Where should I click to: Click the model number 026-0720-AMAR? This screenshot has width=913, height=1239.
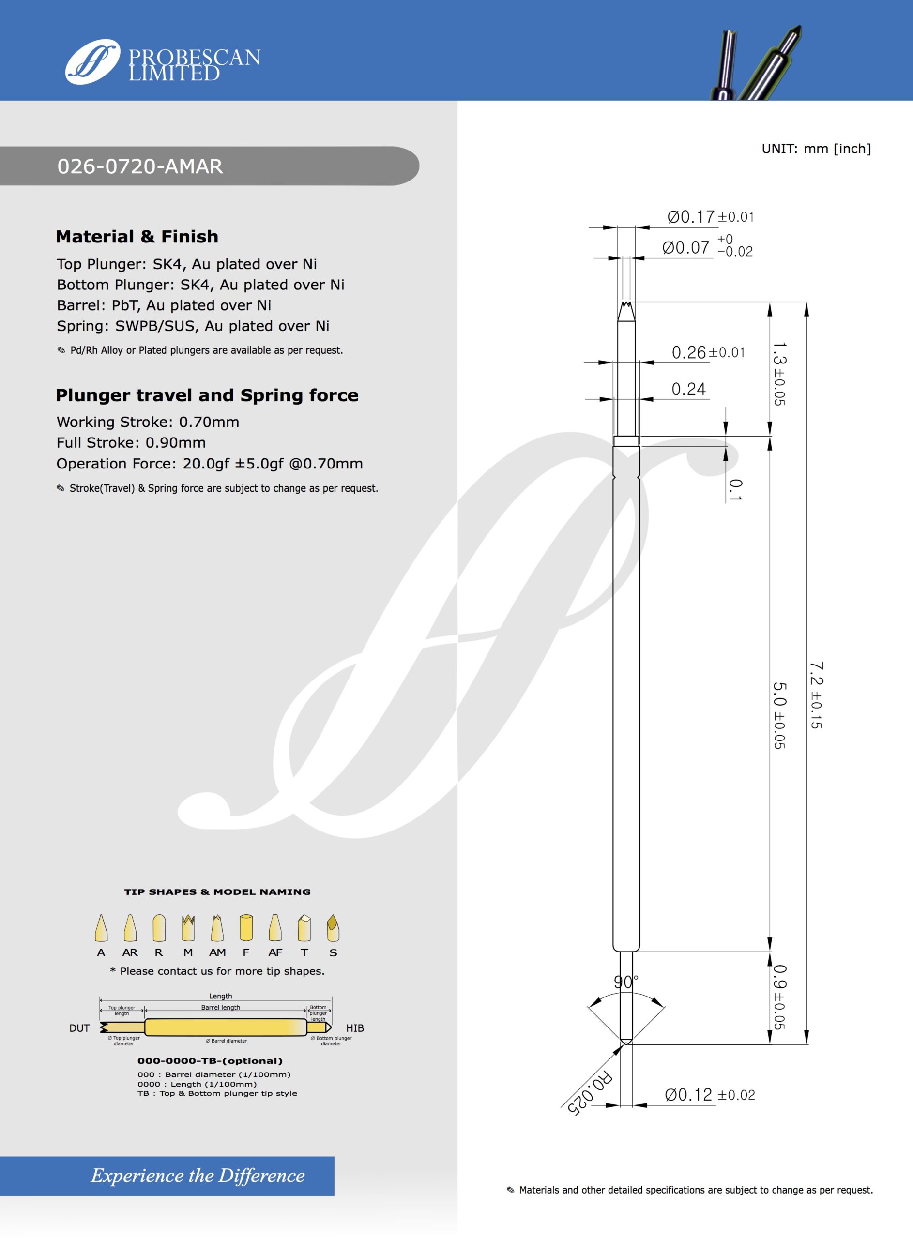140,166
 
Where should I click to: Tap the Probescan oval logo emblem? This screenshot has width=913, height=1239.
92,62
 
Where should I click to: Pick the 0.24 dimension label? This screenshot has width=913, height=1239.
688,390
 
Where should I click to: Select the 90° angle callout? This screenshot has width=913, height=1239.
625,982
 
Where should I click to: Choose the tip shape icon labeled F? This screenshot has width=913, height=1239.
246,928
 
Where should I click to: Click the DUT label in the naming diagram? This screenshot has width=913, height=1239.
79,1028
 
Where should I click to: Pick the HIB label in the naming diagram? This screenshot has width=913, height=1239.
355,1028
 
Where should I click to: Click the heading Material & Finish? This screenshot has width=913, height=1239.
137,236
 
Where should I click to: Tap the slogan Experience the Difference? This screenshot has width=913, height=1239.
198,1176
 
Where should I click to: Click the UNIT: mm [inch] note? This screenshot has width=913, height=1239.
816,149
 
